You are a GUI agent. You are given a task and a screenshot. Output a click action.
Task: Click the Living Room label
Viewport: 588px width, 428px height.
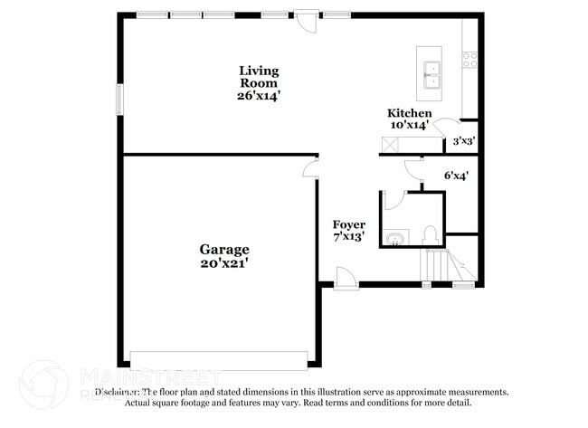pos(259,76)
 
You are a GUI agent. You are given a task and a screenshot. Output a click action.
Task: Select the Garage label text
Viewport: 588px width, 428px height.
pos(224,250)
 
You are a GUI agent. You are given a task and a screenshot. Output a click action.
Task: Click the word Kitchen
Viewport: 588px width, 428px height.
pos(411,113)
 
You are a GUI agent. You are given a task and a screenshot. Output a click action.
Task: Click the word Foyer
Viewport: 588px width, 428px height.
pos(349,224)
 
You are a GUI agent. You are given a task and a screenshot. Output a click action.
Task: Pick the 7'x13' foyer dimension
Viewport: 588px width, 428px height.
pos(349,237)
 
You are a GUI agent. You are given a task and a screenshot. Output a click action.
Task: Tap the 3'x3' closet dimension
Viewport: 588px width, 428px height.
pos(464,141)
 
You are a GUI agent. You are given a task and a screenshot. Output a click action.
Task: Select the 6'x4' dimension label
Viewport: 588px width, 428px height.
pos(456,176)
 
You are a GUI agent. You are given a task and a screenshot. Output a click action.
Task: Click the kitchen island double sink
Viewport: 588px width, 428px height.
pos(431,73)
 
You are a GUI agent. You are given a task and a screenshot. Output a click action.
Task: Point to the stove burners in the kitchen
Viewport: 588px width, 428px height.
pos(470,60)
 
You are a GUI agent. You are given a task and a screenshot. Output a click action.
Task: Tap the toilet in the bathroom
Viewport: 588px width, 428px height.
pos(431,235)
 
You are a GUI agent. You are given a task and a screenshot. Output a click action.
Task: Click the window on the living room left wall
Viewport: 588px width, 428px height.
pos(118,100)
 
